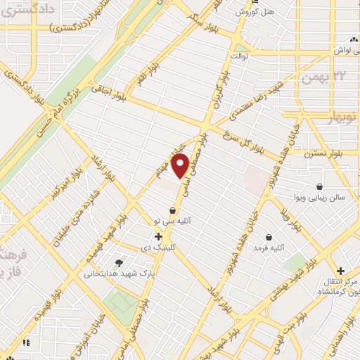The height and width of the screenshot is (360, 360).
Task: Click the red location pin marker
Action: tap(181, 165)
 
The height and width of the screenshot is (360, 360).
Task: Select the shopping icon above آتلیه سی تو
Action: tap(173, 210)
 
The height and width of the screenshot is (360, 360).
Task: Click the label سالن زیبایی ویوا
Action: tap(340, 198)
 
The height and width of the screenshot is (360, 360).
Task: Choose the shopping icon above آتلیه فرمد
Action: tap(268, 236)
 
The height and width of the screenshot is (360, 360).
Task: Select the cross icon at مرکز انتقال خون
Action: tap(340, 271)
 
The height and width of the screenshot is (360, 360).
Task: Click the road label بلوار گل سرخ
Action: tap(240, 139)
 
